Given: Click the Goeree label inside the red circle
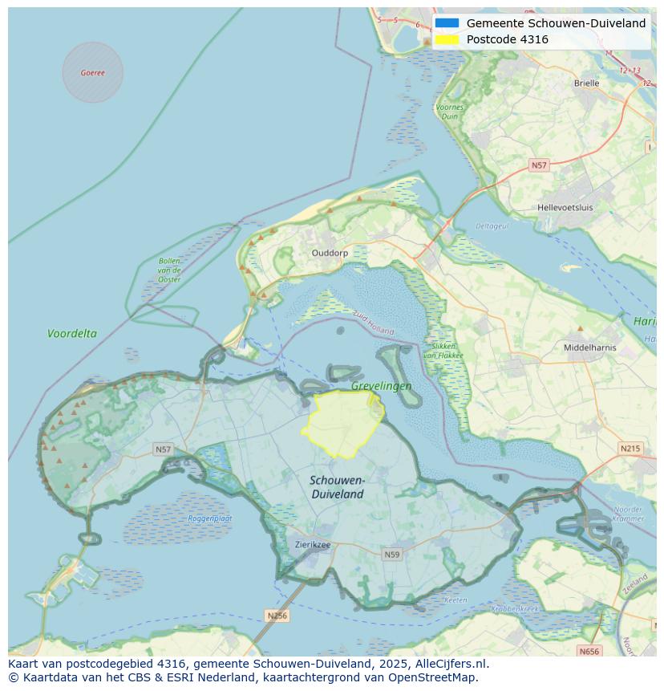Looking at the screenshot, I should pyautogui.click(x=92, y=72).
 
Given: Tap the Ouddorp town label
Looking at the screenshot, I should pyautogui.click(x=330, y=253).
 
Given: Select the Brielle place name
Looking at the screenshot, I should pyautogui.click(x=586, y=83).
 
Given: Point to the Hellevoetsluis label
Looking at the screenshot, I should pyautogui.click(x=565, y=207).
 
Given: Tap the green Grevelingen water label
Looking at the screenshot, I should pyautogui.click(x=381, y=386).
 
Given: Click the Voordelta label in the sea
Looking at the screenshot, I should pyautogui.click(x=72, y=333).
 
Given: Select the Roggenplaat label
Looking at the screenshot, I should pyautogui.click(x=210, y=518).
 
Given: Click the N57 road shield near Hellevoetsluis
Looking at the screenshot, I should pyautogui.click(x=539, y=165).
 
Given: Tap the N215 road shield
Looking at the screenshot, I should pyautogui.click(x=630, y=449).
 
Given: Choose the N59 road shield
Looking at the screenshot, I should pyautogui.click(x=391, y=554).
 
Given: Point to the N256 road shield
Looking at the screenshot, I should pyautogui.click(x=277, y=616).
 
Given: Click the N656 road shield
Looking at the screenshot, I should pyautogui.click(x=589, y=651).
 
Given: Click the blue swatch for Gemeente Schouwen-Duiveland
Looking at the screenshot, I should pyautogui.click(x=447, y=23).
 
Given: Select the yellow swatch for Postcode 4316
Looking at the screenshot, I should pyautogui.click(x=447, y=39).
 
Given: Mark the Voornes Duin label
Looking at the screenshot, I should pyautogui.click(x=450, y=112).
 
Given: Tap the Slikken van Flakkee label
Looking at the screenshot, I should pyautogui.click(x=440, y=350).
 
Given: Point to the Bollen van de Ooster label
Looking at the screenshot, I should pyautogui.click(x=169, y=270).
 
